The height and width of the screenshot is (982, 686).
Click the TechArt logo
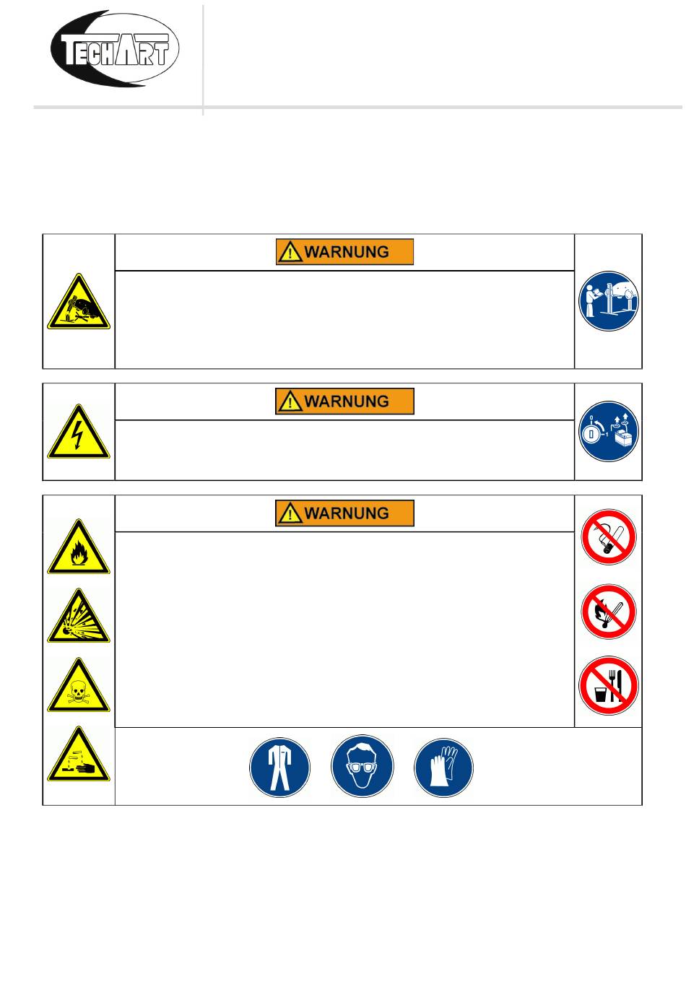(114, 49)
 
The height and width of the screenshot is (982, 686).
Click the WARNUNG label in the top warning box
(344, 252)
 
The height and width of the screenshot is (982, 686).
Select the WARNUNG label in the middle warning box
(344, 401)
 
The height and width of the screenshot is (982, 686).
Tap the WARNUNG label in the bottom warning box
(344, 513)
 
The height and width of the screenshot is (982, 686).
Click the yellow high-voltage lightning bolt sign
(79, 433)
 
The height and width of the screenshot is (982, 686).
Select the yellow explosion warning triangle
(79, 617)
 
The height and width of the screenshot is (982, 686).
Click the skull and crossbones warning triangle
(79, 687)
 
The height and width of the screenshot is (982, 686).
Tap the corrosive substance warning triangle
(79, 756)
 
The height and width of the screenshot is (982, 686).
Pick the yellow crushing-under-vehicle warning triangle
(79, 303)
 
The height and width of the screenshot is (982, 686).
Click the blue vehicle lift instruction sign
(609, 301)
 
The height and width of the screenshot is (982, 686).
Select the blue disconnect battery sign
(609, 432)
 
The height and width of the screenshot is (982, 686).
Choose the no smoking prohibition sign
(609, 537)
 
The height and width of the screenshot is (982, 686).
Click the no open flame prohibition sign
(609, 612)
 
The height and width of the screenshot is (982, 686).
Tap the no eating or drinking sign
(609, 686)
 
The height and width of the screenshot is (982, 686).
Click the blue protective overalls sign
(280, 767)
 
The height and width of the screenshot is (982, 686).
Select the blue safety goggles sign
(362, 767)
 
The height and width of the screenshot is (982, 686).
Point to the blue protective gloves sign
(444, 767)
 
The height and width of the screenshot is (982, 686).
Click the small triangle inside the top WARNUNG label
(290, 253)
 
